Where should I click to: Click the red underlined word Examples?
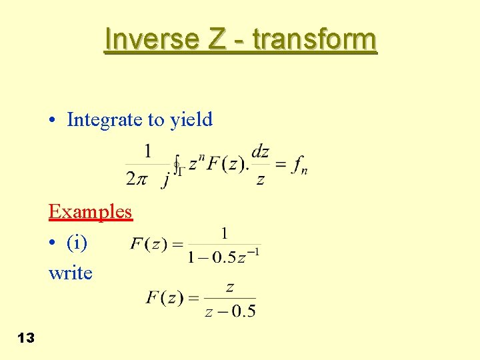point(90,212)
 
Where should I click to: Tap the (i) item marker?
point(77,243)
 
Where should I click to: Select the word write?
point(70,273)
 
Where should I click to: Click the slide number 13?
point(25,338)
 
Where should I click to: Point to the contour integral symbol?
point(177,164)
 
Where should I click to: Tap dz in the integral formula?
point(260,152)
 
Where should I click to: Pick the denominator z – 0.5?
point(230,311)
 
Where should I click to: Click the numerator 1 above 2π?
point(147,150)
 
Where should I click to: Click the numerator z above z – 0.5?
point(229,287)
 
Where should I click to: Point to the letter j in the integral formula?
point(165,179)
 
